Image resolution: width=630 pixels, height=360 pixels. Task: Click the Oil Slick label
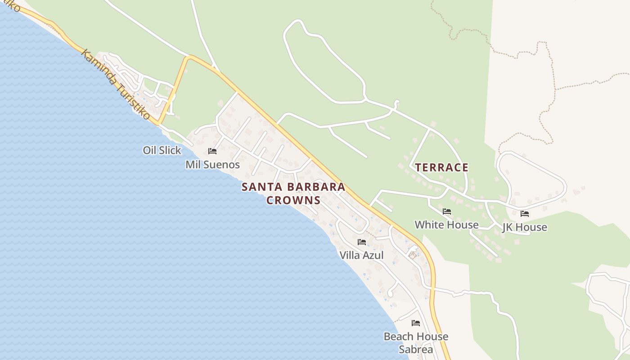tap(162, 150)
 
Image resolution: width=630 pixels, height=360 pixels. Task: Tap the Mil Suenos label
tap(212, 165)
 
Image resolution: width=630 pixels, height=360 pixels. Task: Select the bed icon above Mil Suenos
tap(212, 151)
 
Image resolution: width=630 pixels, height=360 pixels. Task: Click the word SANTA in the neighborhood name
tap(260, 187)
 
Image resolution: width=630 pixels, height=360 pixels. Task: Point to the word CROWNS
tap(293, 201)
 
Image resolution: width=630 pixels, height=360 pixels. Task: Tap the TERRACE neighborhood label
tap(441, 168)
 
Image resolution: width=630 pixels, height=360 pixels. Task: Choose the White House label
tap(446, 225)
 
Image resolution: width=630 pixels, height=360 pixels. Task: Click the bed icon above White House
tap(447, 211)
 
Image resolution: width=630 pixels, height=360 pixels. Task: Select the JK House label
tap(525, 227)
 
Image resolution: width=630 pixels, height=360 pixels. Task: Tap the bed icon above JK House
tap(525, 214)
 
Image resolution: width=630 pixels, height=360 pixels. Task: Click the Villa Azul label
tap(361, 256)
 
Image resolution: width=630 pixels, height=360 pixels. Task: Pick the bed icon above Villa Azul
tap(361, 242)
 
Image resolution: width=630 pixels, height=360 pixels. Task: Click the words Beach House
tap(416, 337)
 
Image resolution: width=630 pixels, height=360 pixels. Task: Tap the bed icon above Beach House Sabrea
tap(416, 323)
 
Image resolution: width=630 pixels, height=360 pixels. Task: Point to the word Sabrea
tap(416, 349)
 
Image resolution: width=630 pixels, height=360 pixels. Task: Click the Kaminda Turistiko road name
tap(115, 85)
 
